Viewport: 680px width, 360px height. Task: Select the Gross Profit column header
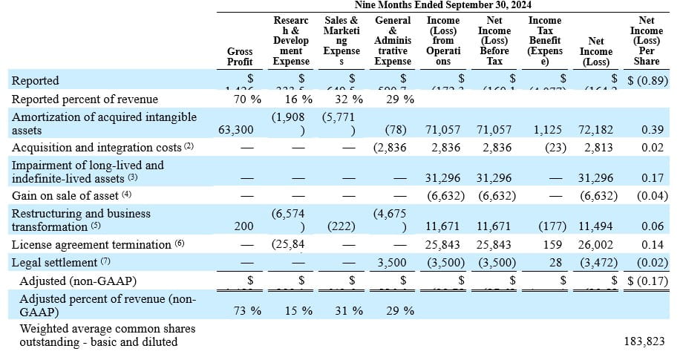tap(240, 56)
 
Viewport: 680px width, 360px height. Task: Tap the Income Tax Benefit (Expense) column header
tap(545, 41)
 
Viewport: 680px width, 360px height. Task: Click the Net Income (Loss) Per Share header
tap(646, 41)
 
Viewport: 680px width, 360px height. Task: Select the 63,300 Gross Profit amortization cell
tap(235, 130)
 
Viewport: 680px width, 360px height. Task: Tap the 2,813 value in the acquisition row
tap(598, 148)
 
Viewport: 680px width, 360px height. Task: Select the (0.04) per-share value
tap(651, 196)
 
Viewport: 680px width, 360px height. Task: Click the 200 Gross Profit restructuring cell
tap(243, 226)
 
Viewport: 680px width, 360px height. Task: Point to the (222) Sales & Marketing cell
tap(343, 226)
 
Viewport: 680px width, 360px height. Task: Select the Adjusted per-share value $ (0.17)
tap(645, 281)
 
